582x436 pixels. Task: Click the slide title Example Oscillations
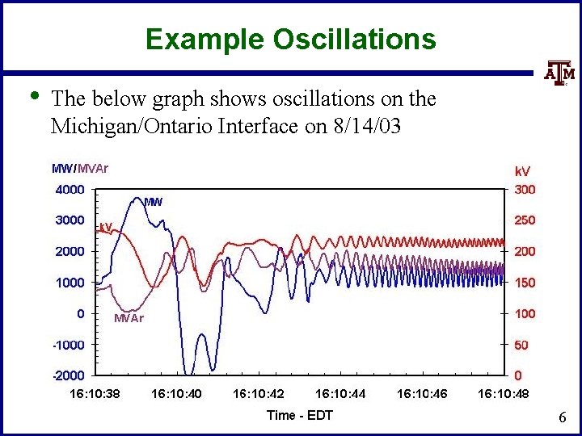pos(291,38)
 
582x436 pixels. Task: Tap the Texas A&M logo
pos(558,74)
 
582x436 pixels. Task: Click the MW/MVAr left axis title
pos(80,169)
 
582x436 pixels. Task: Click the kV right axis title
pos(523,171)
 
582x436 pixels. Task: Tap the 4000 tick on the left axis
pos(69,191)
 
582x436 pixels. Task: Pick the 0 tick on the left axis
pos(80,313)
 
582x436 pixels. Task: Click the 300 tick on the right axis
pos(525,191)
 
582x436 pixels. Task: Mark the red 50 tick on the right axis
pos(521,345)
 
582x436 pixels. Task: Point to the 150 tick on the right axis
pos(525,283)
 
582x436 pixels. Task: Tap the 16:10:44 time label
pos(339,395)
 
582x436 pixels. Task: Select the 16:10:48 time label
pos(503,395)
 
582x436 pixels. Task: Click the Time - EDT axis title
pos(299,415)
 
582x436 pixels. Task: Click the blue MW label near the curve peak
pos(153,201)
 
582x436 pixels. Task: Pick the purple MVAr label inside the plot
pos(129,318)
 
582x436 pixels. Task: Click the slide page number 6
pos(562,418)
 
